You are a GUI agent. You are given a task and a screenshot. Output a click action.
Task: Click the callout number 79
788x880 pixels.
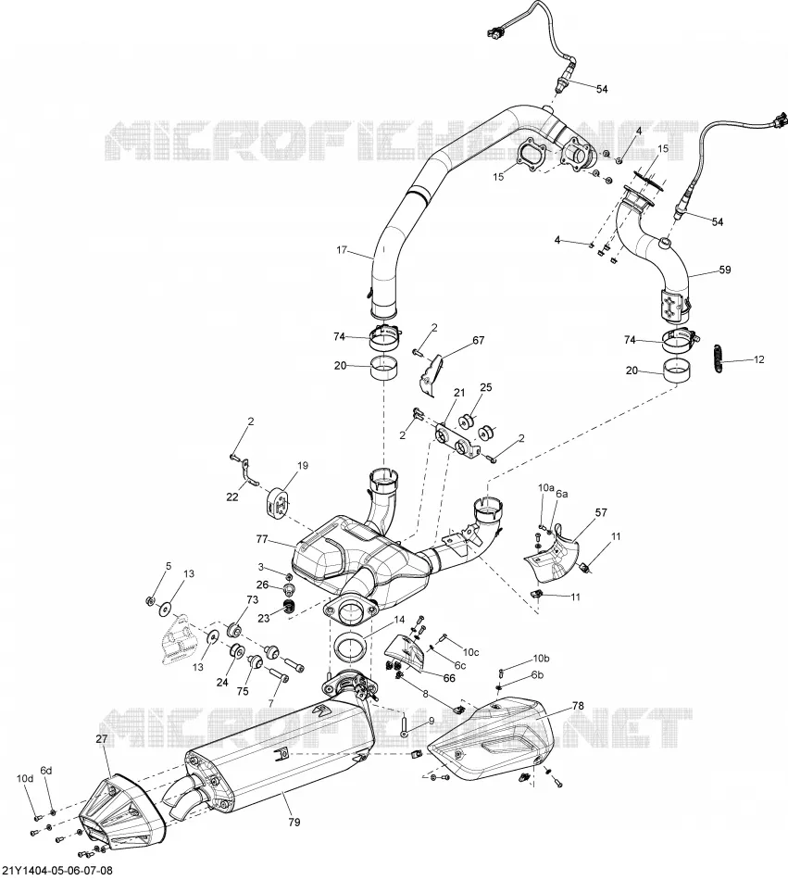[294, 822]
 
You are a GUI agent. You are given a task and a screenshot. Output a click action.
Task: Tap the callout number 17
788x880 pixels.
[342, 250]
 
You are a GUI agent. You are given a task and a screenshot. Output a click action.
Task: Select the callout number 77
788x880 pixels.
[262, 540]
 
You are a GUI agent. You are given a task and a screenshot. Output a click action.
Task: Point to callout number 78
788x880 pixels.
[578, 706]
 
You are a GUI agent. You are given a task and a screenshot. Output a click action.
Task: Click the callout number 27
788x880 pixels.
[101, 739]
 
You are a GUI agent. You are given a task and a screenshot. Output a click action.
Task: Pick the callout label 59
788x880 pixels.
[725, 270]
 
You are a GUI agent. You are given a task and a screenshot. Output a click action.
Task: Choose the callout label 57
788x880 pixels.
[601, 512]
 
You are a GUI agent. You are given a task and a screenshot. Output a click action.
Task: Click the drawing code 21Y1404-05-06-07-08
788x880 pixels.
[56, 871]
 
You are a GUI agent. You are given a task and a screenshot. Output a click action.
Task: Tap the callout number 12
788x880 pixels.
[758, 359]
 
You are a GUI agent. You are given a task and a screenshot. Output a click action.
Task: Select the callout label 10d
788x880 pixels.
[25, 778]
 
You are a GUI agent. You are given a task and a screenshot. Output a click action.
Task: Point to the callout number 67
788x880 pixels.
[478, 340]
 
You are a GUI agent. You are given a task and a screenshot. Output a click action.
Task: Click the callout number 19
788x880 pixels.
[302, 465]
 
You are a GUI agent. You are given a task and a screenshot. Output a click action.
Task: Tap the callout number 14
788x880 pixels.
[399, 620]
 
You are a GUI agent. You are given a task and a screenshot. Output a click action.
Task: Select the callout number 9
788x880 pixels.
[431, 721]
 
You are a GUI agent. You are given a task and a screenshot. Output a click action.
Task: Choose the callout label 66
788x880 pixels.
[449, 678]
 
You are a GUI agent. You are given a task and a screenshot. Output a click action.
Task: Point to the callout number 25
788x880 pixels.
[486, 388]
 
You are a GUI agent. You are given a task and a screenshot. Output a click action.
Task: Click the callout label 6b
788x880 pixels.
[538, 674]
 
